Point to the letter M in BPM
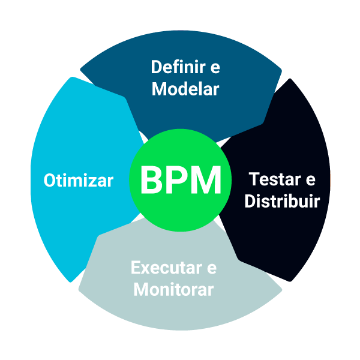click(207, 180)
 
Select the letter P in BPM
click(178, 180)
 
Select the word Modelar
click(185, 89)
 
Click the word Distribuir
click(282, 200)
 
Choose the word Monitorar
click(173, 290)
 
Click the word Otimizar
click(79, 181)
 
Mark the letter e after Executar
click(212, 268)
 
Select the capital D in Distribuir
click(250, 200)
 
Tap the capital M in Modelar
click(159, 89)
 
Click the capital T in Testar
click(254, 179)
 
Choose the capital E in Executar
click(135, 267)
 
